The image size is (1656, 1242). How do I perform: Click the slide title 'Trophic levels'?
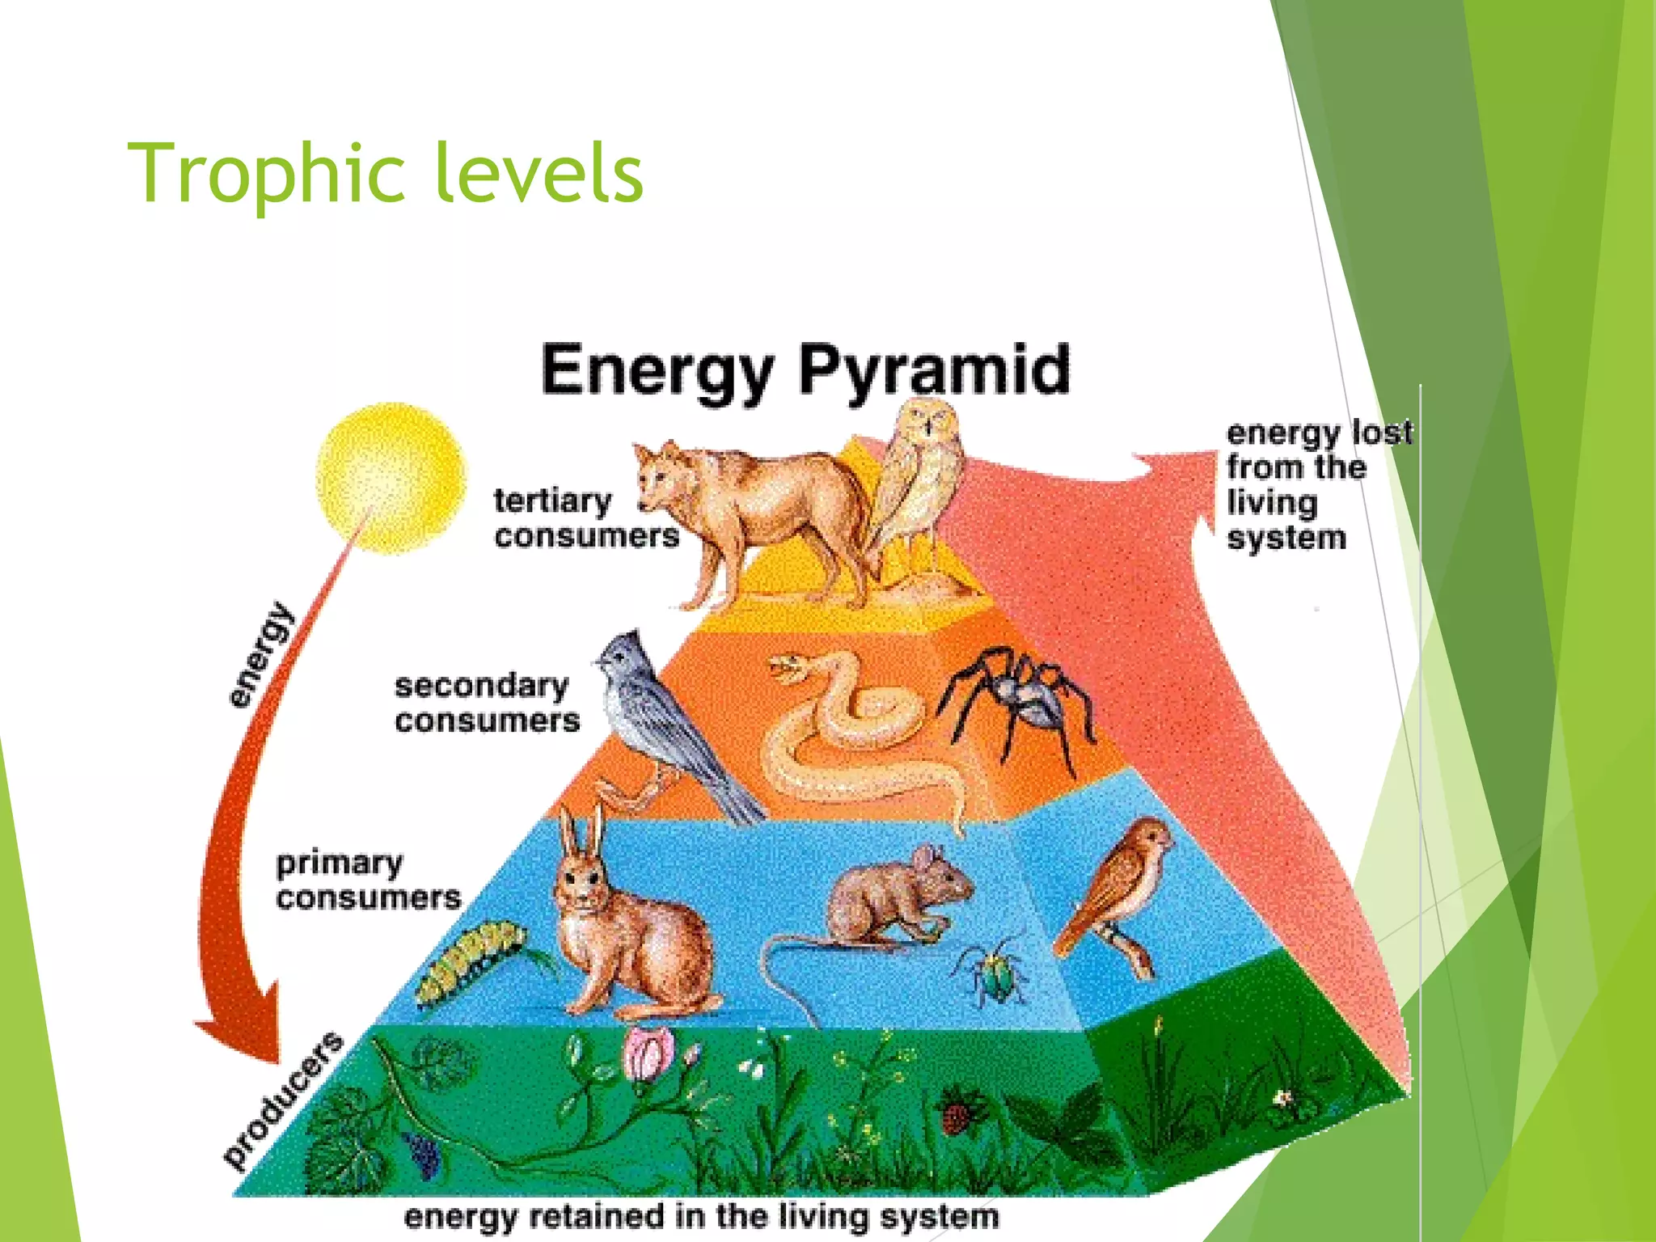pos(385,173)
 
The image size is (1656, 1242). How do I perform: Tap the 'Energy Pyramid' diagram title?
pos(805,370)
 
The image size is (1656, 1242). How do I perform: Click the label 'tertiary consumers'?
pos(585,517)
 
